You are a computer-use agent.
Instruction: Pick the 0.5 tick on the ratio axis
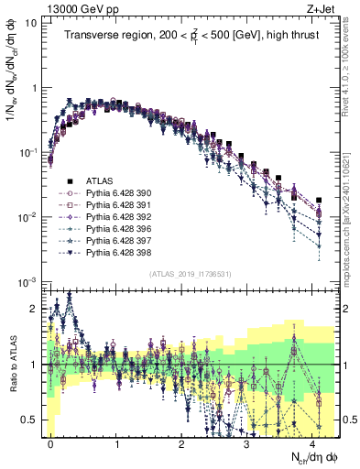coord(31,420)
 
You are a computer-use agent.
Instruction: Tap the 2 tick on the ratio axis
coord(35,309)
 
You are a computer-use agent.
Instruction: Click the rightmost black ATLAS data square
coord(318,200)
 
